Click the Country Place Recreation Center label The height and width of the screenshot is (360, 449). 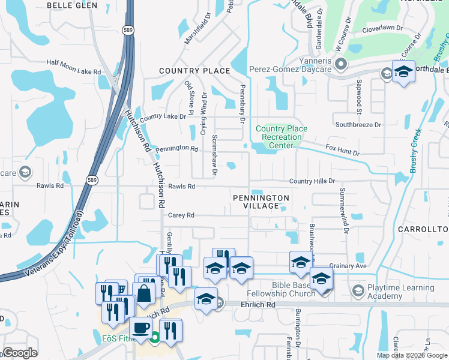pyautogui.click(x=282, y=137)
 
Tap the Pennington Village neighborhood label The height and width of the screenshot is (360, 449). pyautogui.click(x=261, y=202)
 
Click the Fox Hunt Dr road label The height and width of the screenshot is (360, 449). pyautogui.click(x=342, y=149)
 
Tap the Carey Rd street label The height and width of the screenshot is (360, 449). pyautogui.click(x=181, y=215)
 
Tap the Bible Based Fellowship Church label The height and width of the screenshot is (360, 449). pyautogui.click(x=284, y=289)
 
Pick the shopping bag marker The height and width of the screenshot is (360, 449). pyautogui.click(x=144, y=293)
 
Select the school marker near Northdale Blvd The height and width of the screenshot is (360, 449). pyautogui.click(x=403, y=71)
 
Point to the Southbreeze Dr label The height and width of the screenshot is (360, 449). pyautogui.click(x=358, y=125)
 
